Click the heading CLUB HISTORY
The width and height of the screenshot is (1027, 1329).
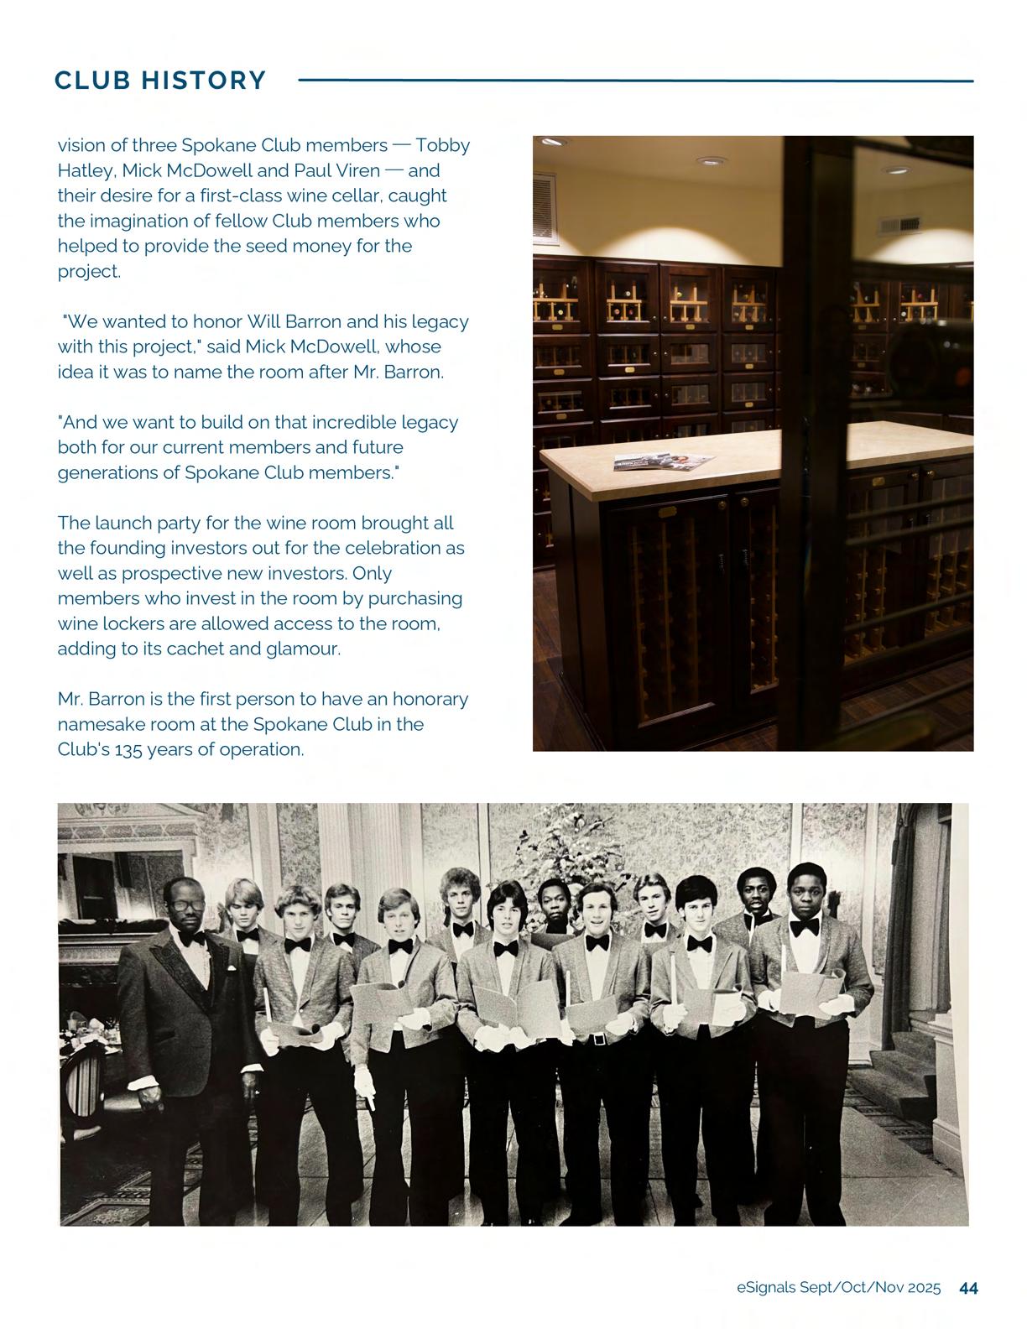(160, 81)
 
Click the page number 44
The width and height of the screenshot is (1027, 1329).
(968, 1288)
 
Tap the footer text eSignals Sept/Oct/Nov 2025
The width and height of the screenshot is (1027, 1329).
(838, 1288)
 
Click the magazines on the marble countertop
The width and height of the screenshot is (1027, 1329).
(664, 461)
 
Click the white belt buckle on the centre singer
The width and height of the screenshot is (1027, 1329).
(598, 1040)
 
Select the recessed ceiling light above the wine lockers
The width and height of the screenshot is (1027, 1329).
(712, 160)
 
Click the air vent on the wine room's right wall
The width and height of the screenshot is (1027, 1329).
(889, 225)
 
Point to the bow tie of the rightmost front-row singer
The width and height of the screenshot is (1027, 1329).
(805, 926)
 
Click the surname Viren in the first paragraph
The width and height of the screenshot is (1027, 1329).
(357, 170)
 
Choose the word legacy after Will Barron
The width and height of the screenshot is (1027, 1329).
(439, 321)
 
